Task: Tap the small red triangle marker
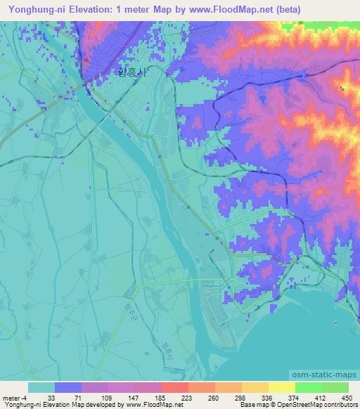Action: pos(86,60)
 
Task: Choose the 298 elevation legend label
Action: pos(240,397)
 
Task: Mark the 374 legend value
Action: pos(294,397)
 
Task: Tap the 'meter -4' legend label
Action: pos(15,397)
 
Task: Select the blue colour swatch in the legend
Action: pos(67,387)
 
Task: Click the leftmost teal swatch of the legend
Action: pos(41,387)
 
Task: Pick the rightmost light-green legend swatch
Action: pos(335,387)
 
